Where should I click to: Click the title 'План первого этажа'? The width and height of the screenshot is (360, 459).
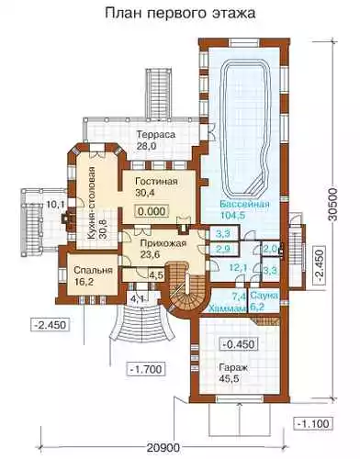[180, 14]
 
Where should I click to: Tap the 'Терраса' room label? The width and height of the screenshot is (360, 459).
[156, 135]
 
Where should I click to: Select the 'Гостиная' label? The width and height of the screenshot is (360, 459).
[156, 181]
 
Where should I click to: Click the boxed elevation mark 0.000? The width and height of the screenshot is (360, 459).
[152, 211]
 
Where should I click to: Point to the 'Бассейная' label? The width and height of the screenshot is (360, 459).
[245, 204]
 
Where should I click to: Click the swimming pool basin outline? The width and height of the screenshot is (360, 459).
[226, 129]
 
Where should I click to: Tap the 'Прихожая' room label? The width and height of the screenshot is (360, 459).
[163, 243]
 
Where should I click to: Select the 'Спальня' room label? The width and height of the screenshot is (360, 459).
[94, 271]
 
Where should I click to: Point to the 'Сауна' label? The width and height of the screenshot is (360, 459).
[264, 296]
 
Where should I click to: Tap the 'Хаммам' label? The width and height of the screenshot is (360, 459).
[228, 308]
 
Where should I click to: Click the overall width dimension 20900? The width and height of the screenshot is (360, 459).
[163, 449]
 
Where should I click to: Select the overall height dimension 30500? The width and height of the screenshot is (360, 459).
[333, 204]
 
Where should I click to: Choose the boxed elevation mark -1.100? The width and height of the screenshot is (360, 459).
[313, 424]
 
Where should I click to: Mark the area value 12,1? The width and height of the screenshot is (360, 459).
[239, 268]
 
